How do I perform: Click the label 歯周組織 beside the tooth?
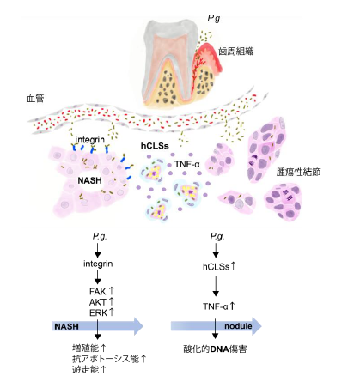[236, 52]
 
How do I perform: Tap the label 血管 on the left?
[35, 99]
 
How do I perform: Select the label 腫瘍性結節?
[298, 172]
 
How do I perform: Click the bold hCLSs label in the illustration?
[155, 146]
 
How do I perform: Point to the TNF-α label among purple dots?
[187, 164]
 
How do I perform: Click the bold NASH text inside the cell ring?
[89, 180]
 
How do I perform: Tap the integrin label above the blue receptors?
[89, 140]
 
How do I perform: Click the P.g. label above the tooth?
[215, 19]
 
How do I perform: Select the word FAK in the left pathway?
[98, 292]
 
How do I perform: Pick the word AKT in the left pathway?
[98, 302]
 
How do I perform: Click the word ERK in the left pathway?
[98, 312]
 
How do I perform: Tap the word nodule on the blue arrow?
[238, 326]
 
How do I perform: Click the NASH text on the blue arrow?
[66, 326]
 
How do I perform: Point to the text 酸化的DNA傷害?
[215, 349]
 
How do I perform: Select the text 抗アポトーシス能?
[106, 359]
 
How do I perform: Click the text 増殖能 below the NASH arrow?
[85, 349]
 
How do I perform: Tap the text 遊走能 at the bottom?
[85, 369]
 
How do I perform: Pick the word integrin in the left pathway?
[98, 264]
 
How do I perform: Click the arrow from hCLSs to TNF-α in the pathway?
[216, 285]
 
